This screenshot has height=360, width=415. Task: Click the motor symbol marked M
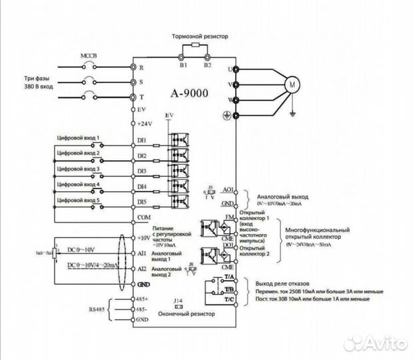(292, 84)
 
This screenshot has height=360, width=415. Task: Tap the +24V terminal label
(144, 124)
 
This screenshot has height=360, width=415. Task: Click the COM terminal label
(143, 217)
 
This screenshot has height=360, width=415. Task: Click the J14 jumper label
(177, 300)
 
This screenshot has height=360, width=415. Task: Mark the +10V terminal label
(144, 238)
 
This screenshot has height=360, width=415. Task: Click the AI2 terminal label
(142, 269)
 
